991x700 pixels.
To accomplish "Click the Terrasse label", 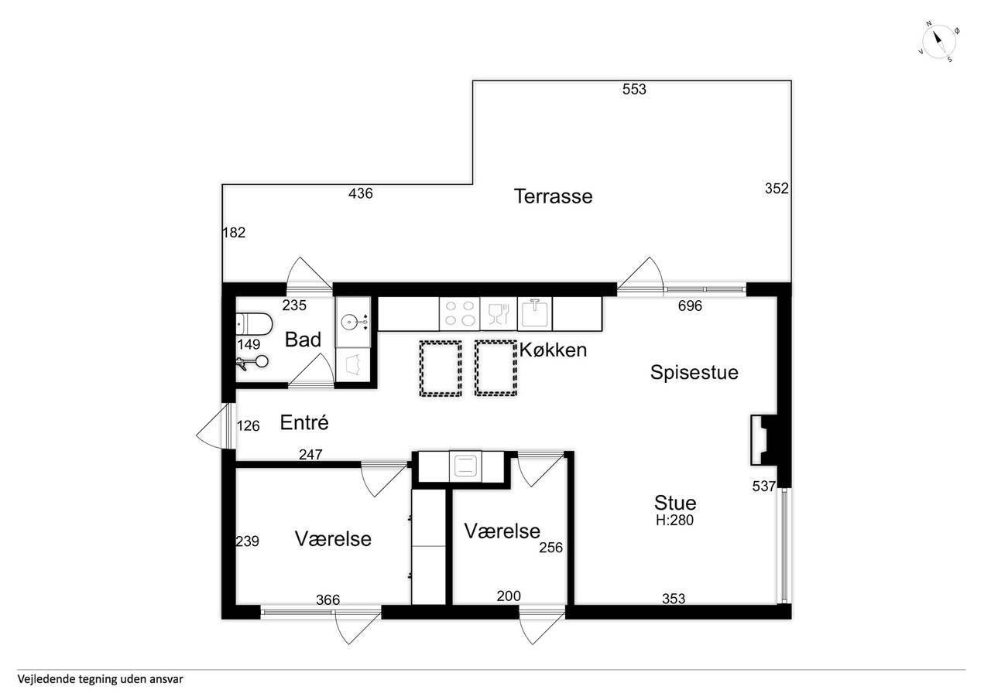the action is (x=553, y=196).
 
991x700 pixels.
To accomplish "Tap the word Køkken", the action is (x=553, y=350).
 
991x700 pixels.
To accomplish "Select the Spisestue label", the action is (x=694, y=373).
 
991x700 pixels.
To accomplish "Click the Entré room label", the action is (x=304, y=422).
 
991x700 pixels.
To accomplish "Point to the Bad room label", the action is (x=303, y=340).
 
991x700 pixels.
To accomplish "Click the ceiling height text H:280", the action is (x=674, y=520).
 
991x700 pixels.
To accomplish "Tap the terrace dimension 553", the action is (x=634, y=89).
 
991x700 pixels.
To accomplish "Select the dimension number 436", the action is (x=361, y=193).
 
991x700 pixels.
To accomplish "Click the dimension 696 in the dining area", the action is (x=690, y=306).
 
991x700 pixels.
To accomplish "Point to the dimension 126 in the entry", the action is (x=249, y=425).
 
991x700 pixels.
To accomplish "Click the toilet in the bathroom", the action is (x=253, y=324).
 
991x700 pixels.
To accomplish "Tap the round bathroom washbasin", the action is (x=353, y=321).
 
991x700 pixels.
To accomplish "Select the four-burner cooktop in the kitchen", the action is (x=460, y=314).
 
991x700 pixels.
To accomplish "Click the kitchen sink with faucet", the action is (x=535, y=314).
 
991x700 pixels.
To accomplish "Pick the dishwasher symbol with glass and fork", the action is (x=499, y=314).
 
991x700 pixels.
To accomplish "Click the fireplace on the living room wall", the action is (x=763, y=439).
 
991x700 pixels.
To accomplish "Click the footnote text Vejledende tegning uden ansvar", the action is (x=101, y=679).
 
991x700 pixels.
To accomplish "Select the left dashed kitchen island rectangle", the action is (x=441, y=368).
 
